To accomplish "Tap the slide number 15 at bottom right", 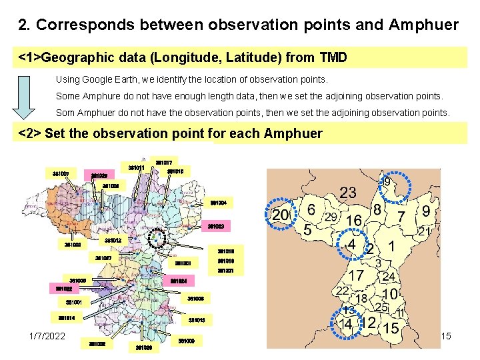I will (x=446, y=336).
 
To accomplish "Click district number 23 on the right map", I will (x=347, y=193).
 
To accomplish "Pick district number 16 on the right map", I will (x=353, y=221).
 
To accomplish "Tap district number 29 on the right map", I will (x=330, y=217).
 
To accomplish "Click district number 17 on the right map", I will (x=356, y=274).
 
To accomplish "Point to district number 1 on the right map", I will (x=393, y=246).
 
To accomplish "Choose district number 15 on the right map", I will (x=391, y=328).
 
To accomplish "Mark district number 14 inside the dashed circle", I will (x=345, y=325).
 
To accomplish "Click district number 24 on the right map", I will (x=389, y=276).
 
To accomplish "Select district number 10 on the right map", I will (x=391, y=293).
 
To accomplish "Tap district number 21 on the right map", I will (x=423, y=231).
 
